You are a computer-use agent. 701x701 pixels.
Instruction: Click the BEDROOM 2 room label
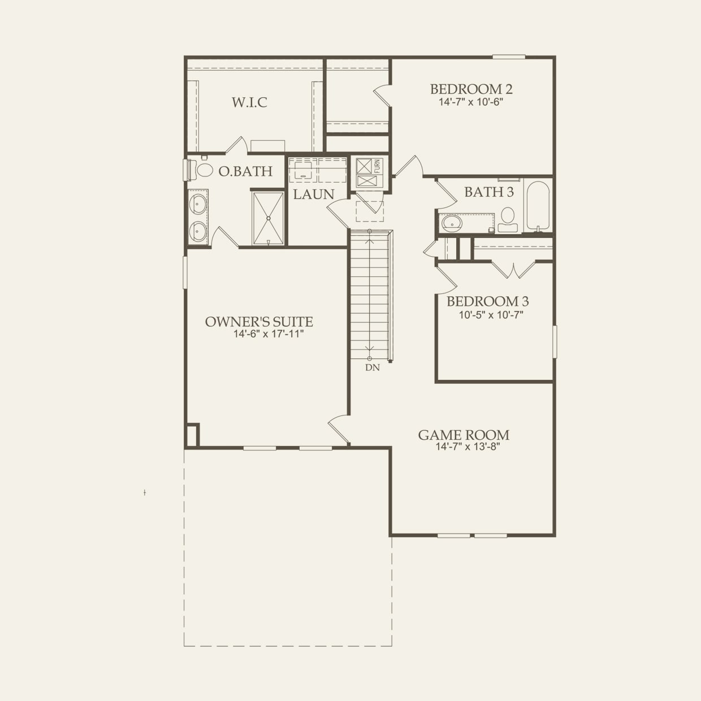(471, 89)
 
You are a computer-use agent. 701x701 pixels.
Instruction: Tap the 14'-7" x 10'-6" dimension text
(471, 102)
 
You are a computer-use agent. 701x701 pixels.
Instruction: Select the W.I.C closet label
(249, 102)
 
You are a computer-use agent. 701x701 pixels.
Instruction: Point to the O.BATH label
(245, 171)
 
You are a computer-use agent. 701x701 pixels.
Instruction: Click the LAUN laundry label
(313, 194)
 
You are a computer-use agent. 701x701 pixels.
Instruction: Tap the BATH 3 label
(489, 192)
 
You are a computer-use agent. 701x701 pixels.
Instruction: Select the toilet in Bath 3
(508, 218)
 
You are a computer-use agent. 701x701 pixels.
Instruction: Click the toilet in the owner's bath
(199, 169)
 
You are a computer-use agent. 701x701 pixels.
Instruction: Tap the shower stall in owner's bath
(269, 218)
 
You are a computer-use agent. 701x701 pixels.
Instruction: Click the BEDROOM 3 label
(488, 301)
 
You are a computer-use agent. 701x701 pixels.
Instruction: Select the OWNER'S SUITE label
(258, 322)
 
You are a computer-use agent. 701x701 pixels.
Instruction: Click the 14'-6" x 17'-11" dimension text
(269, 334)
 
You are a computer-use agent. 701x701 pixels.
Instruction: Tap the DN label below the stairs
(372, 367)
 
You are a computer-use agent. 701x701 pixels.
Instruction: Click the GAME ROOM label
(464, 435)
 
